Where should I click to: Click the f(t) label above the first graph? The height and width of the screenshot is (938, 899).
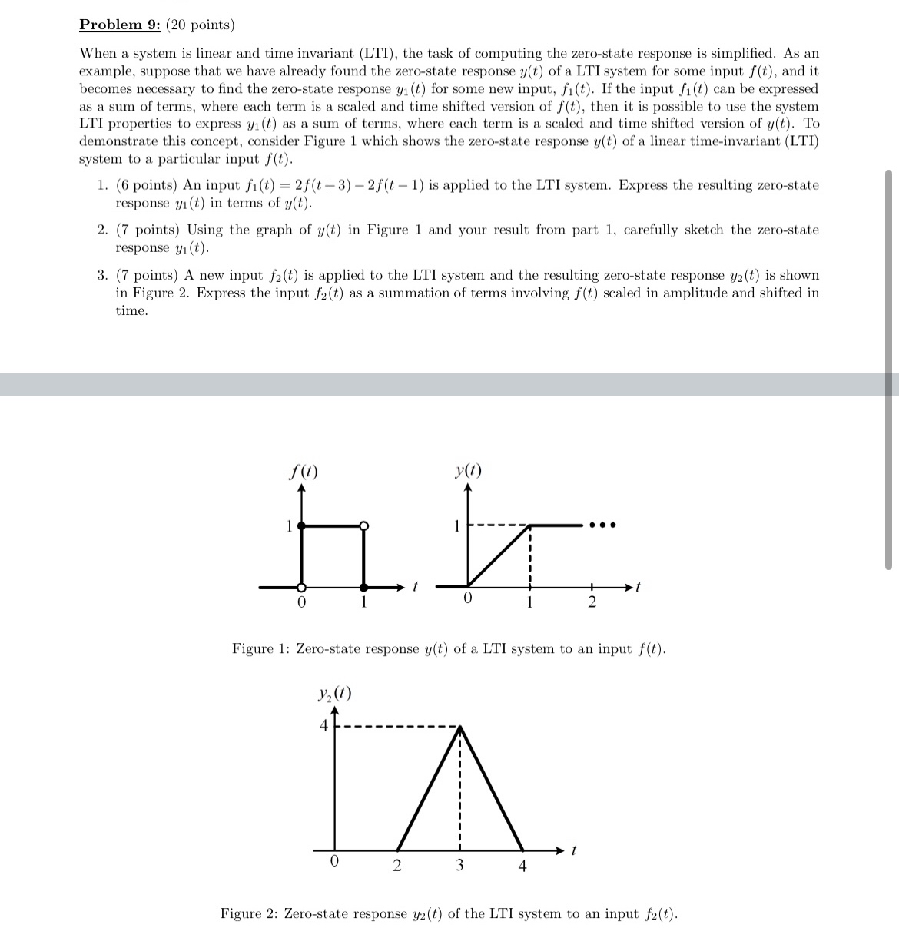pos(304,471)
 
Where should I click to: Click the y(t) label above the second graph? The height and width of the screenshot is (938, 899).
pos(468,470)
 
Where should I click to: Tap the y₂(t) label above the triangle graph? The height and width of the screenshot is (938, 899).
pos(334,694)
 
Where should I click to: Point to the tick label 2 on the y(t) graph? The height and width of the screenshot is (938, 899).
pos(591,603)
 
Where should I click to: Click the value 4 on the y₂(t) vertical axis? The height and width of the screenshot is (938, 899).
pos(324,726)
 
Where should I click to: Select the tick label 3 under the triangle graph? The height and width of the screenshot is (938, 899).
pos(459,866)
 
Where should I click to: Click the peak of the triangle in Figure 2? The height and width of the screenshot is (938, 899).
pos(459,727)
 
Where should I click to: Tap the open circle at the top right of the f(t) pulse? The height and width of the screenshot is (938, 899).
pos(364,525)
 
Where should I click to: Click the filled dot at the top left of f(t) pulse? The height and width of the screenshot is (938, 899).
pos(301,525)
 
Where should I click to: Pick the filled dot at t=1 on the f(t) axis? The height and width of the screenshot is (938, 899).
pos(364,588)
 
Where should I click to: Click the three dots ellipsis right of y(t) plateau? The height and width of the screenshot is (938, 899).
pos(602,526)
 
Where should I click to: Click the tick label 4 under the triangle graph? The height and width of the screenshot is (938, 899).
pos(522,867)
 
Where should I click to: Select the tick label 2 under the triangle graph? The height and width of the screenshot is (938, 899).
pos(396,866)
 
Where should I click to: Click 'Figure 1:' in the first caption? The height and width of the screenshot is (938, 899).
pos(261,649)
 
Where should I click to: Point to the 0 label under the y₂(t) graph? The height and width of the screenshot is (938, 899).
pos(333,862)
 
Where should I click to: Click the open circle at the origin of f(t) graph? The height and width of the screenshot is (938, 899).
pos(301,588)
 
